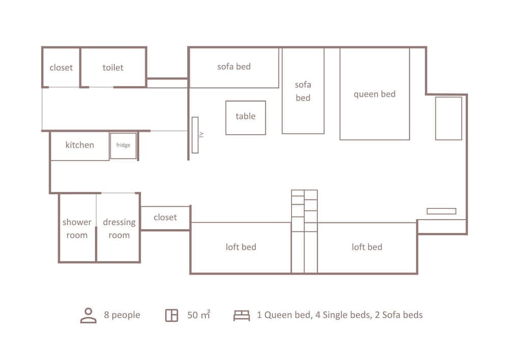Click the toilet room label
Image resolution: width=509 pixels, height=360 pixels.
coord(113,67)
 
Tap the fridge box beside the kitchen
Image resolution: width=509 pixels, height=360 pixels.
coord(123,146)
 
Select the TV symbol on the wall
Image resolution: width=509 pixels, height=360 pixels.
coord(195,135)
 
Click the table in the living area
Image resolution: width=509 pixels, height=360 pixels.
coord(245,117)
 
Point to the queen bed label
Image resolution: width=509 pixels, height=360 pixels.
coord(375,94)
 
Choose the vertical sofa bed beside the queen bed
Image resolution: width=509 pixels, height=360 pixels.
coord(303,91)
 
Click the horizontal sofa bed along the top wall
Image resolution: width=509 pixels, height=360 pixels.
coord(234,67)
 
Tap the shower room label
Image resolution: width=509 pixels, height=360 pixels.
coord(77,229)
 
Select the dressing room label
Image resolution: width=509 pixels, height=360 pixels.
coord(119,229)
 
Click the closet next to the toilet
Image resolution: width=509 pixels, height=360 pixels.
coord(61,67)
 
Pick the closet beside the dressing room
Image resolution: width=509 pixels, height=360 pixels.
coord(165,217)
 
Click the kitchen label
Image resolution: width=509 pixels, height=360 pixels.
coord(80,145)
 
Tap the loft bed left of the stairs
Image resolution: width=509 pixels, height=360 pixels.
coord(241,247)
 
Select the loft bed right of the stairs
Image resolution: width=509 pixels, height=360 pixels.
coord(366,247)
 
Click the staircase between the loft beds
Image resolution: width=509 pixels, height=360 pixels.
coord(304,232)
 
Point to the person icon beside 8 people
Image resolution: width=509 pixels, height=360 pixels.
coord(89,315)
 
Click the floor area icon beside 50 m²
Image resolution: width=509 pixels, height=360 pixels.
coord(172,315)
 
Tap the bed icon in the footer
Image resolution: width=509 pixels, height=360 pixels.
coord(242,315)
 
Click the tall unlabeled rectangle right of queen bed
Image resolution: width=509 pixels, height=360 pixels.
coord(448,118)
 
